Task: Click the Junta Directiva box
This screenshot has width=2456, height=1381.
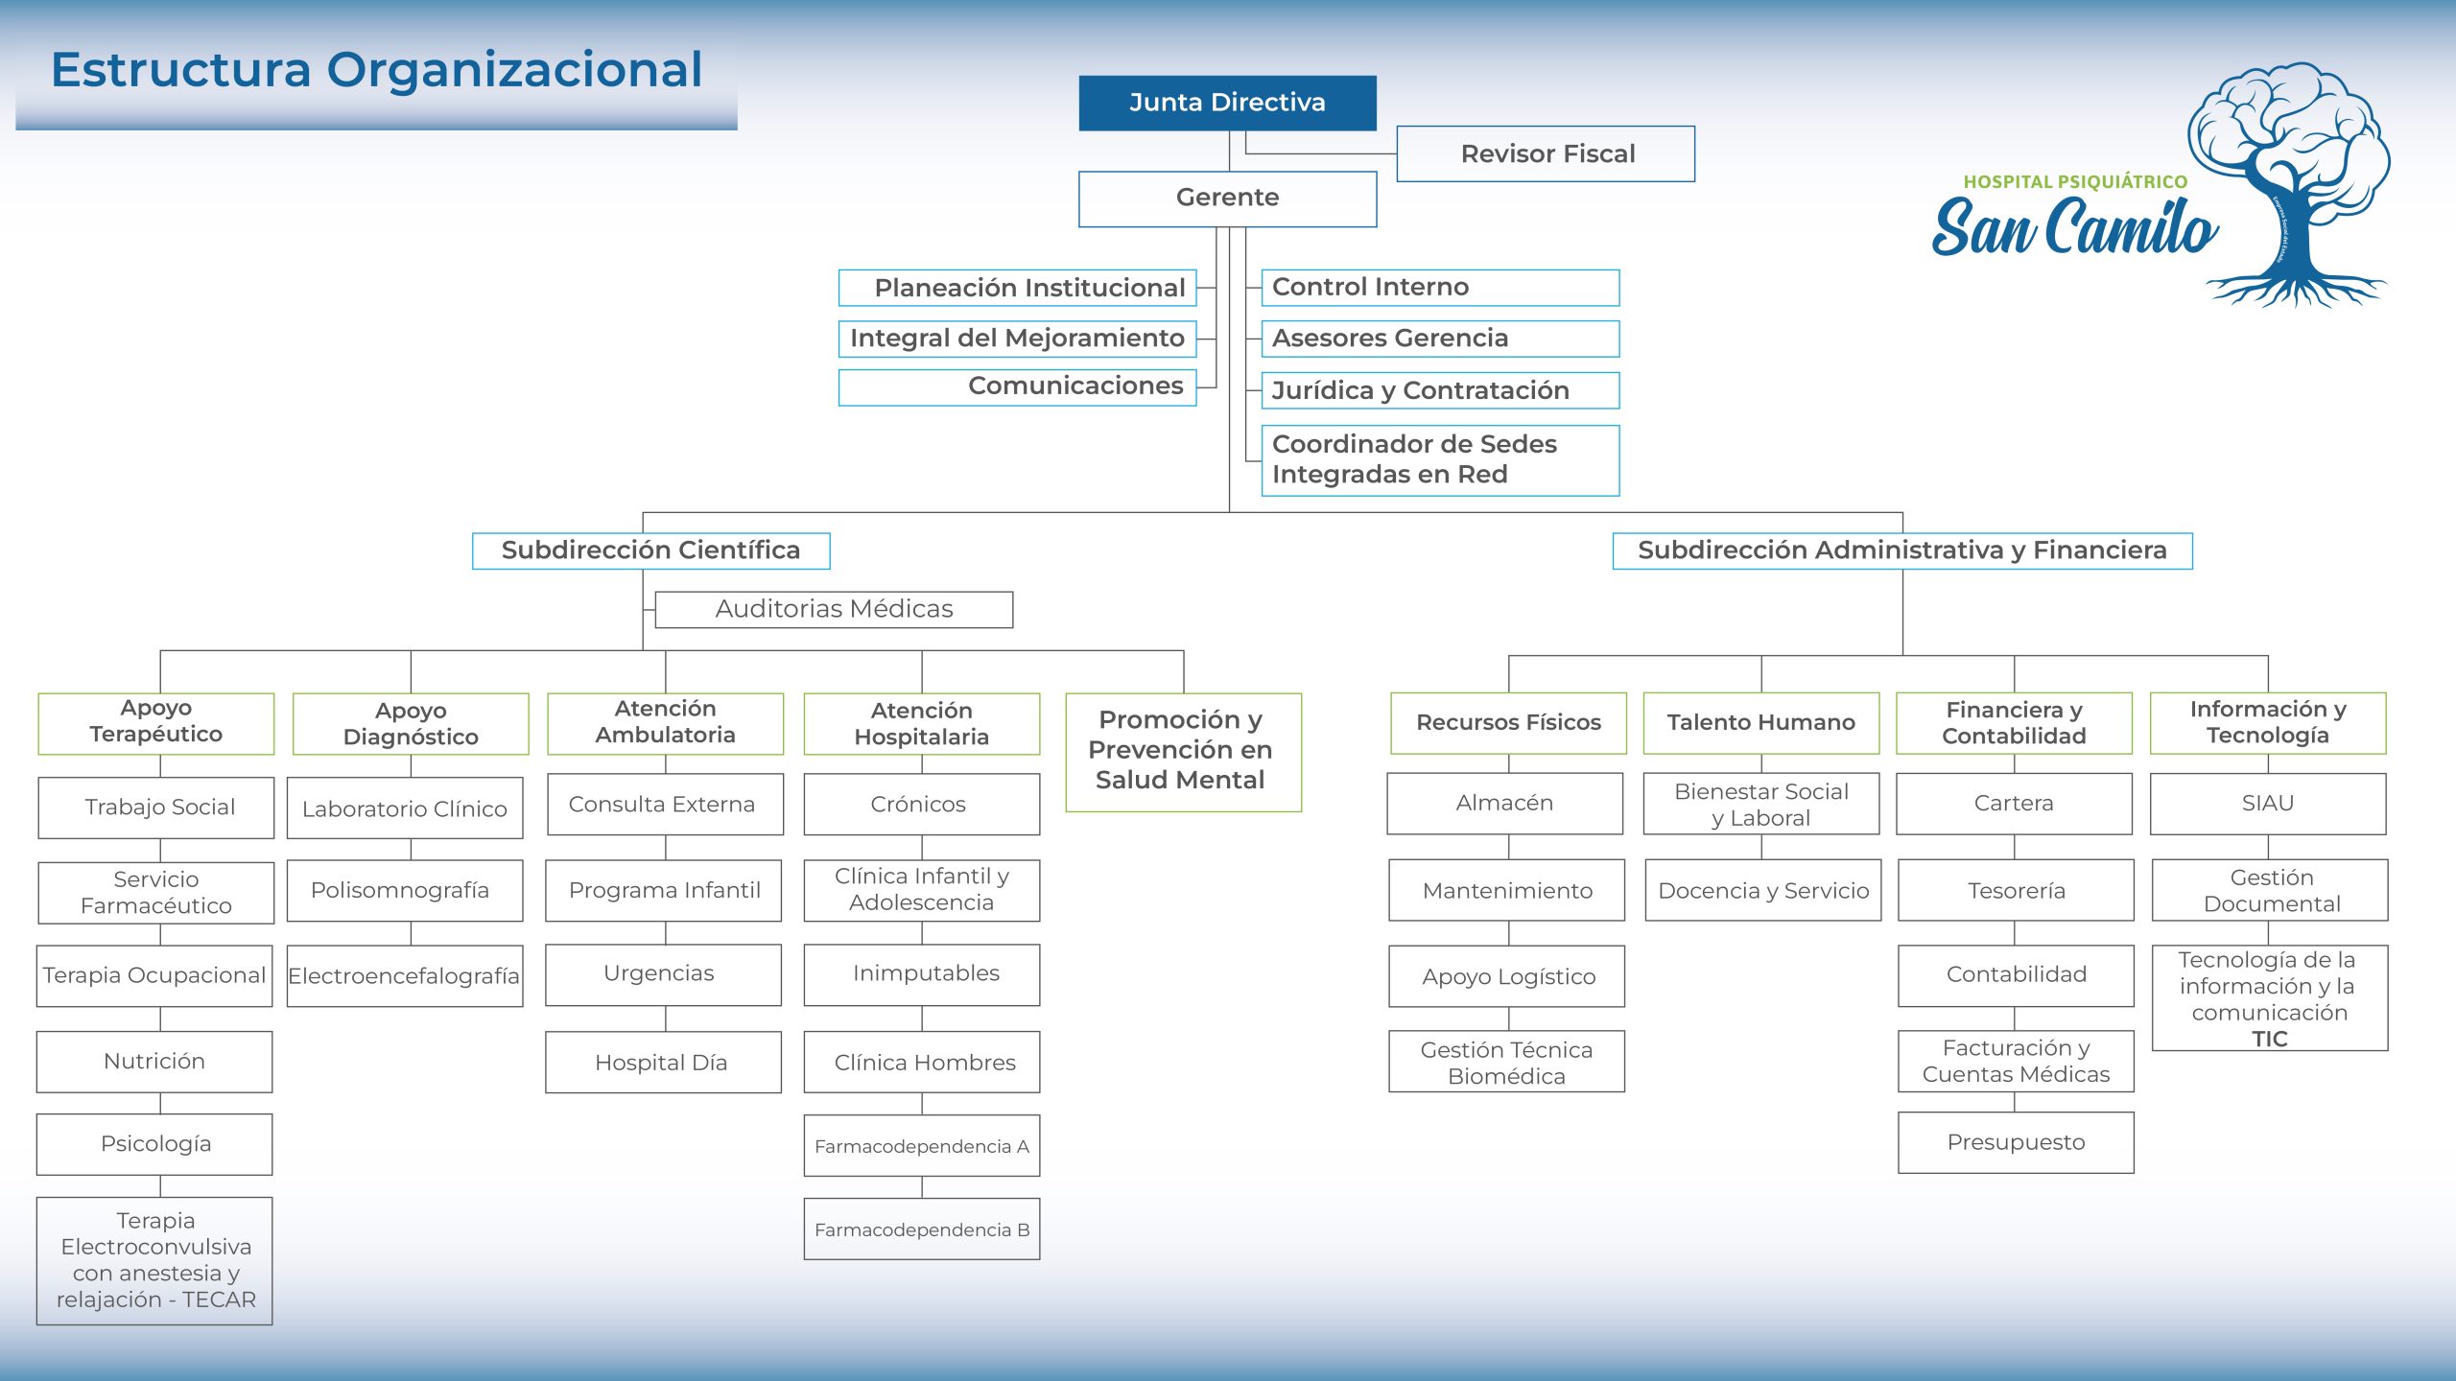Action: pyautogui.click(x=1227, y=103)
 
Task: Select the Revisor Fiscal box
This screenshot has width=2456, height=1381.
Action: pyautogui.click(x=1546, y=153)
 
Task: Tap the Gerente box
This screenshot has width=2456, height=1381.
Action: pyautogui.click(x=1227, y=199)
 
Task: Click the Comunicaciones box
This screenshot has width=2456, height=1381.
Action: pyautogui.click(x=1017, y=386)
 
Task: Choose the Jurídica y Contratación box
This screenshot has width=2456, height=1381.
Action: pyautogui.click(x=1439, y=390)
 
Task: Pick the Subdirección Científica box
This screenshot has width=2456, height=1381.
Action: pyautogui.click(x=650, y=550)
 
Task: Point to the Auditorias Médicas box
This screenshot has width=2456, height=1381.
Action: pyautogui.click(x=834, y=609)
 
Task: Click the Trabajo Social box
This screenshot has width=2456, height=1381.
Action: pyautogui.click(x=156, y=808)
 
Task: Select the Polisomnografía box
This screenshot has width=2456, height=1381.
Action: pyautogui.click(x=404, y=891)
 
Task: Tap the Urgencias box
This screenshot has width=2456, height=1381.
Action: pyautogui.click(x=663, y=974)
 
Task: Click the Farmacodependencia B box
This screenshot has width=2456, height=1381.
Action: pyautogui.click(x=921, y=1229)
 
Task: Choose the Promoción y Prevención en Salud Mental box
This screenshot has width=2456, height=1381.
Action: pyautogui.click(x=1183, y=752)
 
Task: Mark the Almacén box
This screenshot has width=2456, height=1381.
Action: pyautogui.click(x=1504, y=804)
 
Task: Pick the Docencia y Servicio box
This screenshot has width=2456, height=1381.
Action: pyautogui.click(x=1762, y=891)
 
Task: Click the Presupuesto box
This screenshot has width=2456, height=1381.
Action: pyautogui.click(x=2016, y=1142)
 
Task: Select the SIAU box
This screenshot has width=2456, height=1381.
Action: pyautogui.click(x=2268, y=804)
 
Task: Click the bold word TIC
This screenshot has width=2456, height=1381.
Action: pyautogui.click(x=2270, y=1040)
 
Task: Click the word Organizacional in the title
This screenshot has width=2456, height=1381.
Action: pyautogui.click(x=514, y=70)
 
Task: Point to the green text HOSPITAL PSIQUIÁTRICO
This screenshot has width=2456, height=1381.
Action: pyautogui.click(x=2075, y=182)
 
